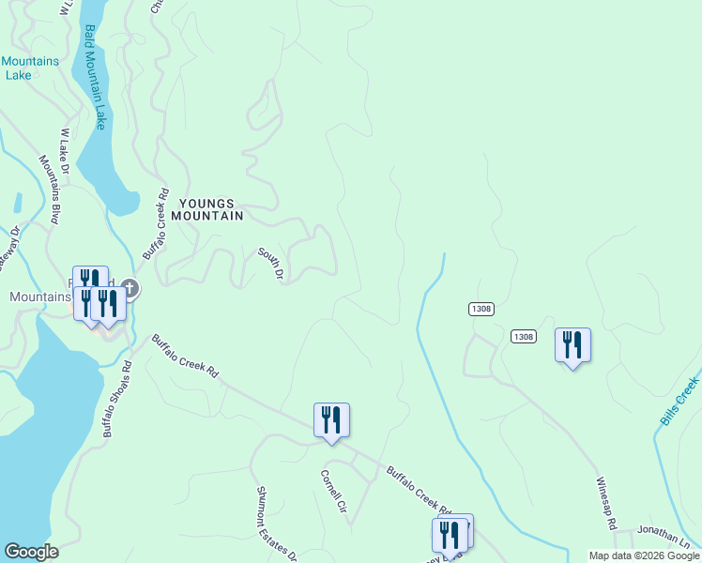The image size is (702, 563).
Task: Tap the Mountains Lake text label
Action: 30,68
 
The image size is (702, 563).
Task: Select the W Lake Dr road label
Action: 65,152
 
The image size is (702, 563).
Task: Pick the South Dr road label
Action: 271,264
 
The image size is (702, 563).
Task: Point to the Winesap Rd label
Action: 609,507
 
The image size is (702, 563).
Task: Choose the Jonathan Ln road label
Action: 664,533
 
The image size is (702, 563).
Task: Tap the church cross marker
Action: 130,288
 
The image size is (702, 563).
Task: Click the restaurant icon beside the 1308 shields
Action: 572,344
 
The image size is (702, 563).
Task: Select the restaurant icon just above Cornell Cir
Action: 331,419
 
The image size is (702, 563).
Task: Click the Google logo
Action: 31,552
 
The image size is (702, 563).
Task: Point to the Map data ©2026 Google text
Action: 644,555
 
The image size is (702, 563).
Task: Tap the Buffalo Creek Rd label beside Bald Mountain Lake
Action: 155,224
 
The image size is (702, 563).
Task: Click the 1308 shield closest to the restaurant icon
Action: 524,336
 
